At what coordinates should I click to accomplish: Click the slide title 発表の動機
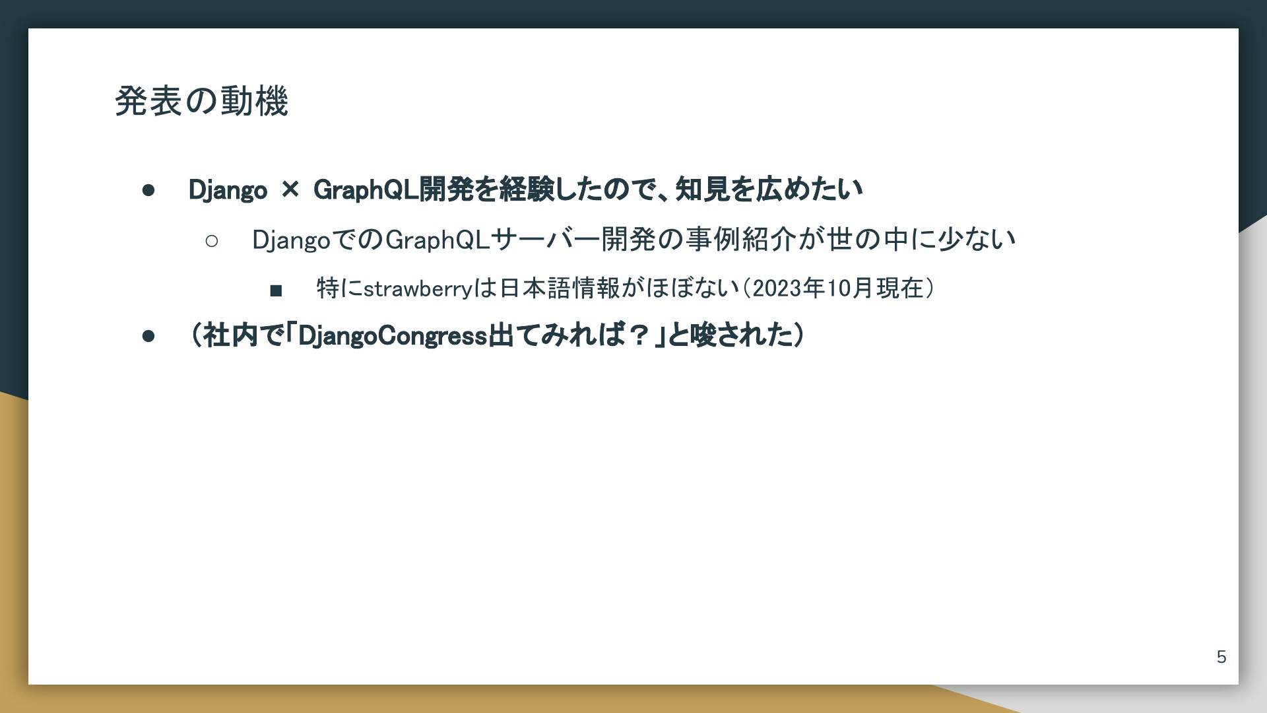tap(201, 101)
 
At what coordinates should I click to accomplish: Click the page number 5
tap(1221, 657)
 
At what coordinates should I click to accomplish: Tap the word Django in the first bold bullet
tap(228, 190)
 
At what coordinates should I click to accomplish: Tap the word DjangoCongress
tap(393, 336)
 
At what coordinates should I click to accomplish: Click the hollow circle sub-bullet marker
tap(212, 241)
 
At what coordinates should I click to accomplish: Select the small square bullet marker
tap(276, 290)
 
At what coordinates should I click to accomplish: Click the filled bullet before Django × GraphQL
tap(148, 191)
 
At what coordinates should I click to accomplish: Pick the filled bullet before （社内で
tap(148, 336)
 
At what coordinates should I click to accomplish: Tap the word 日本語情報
tap(560, 289)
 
